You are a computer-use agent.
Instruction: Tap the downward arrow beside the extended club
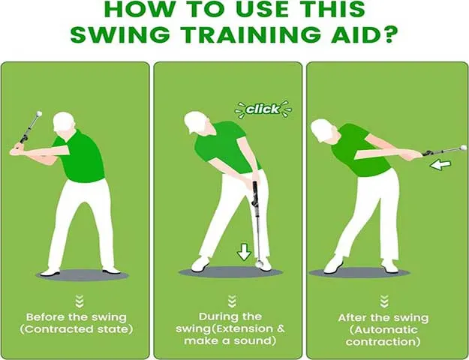tap(244, 251)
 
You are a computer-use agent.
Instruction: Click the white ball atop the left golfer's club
tap(39, 114)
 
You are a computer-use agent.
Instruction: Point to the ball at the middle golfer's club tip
tap(259, 263)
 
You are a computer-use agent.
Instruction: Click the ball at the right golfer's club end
tap(463, 148)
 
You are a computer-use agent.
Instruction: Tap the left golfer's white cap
tap(64, 121)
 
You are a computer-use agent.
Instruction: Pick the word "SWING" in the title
tap(120, 34)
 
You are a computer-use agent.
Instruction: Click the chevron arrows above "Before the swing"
tap(80, 301)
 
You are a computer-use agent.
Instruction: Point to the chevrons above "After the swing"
tap(384, 301)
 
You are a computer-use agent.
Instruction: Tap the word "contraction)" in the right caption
tap(383, 342)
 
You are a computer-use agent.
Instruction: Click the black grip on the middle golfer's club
tap(255, 194)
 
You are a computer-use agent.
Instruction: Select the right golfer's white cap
tap(321, 130)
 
